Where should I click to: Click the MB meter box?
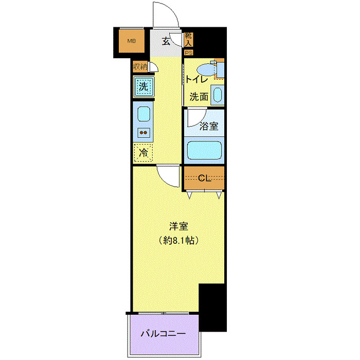point(132,42)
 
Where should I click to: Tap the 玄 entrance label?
point(166,42)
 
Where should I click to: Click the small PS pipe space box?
point(189,51)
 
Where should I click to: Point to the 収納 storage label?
point(140,66)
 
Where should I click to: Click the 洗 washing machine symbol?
point(144,86)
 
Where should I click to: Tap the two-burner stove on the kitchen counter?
point(144,133)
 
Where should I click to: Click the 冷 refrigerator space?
point(144,152)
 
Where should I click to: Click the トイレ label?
point(196,79)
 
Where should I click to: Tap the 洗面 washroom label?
point(199,96)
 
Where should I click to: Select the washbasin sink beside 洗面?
point(217,95)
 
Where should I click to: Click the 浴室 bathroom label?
point(208,127)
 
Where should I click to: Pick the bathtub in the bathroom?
point(205,150)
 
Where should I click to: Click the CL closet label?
point(205,178)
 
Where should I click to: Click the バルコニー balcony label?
point(163,334)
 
